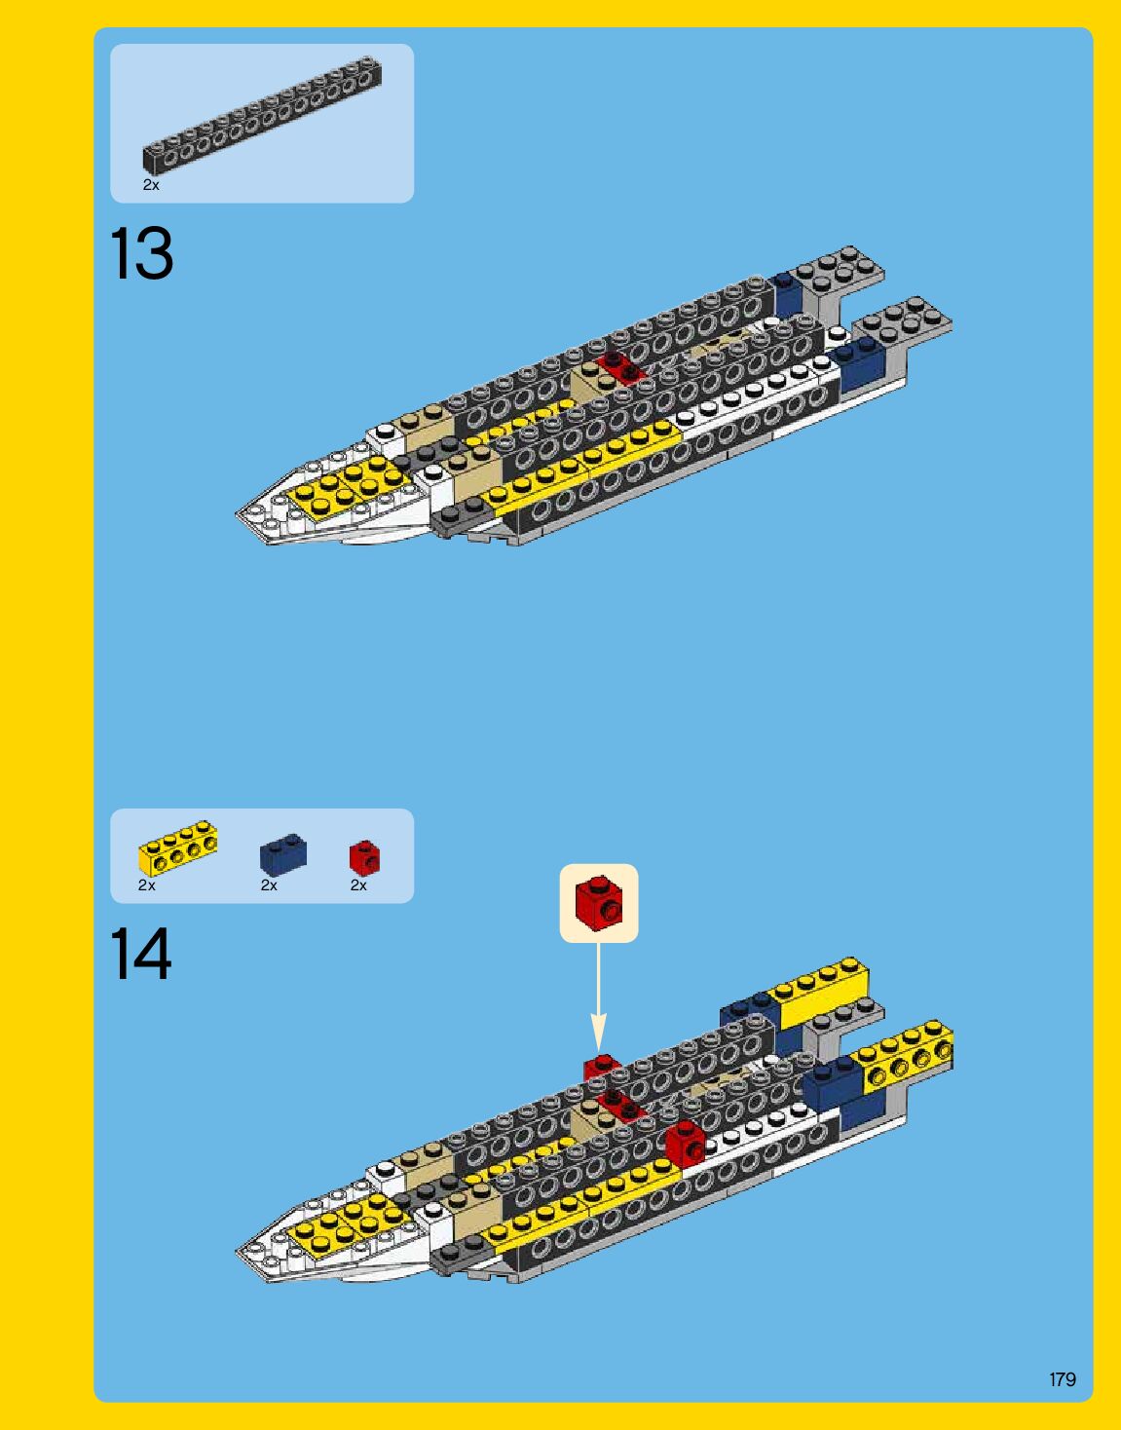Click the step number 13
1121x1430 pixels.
click(x=142, y=254)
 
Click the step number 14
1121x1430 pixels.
click(x=141, y=955)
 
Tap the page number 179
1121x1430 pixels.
click(x=1063, y=1379)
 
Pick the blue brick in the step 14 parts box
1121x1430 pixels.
click(x=282, y=854)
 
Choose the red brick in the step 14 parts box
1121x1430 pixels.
click(x=364, y=856)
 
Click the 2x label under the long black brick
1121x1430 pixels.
click(x=150, y=184)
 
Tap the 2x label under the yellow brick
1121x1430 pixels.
click(x=146, y=885)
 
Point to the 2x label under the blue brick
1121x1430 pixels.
click(x=269, y=885)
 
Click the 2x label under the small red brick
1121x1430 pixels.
click(x=358, y=885)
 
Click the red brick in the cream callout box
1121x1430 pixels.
click(x=598, y=902)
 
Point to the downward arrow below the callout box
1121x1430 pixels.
click(x=598, y=1003)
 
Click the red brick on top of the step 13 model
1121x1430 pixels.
click(x=619, y=367)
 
